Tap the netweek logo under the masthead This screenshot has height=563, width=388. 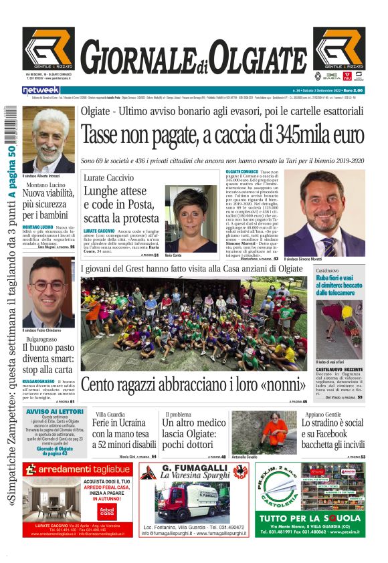coord(41,90)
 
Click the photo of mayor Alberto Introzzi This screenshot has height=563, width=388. coord(48,140)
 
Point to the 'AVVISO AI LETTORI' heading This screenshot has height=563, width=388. coord(55,411)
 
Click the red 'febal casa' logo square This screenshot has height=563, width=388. coord(106,512)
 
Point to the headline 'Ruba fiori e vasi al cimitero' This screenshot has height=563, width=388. coord(340,285)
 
